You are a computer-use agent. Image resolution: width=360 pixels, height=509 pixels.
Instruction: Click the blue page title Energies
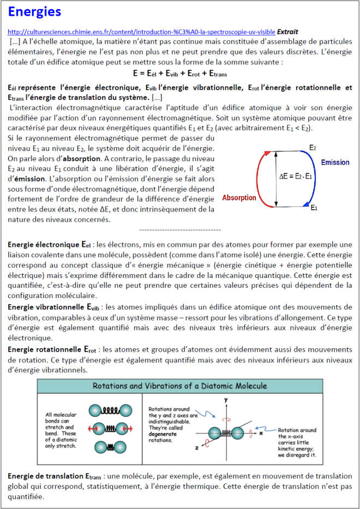[34, 11]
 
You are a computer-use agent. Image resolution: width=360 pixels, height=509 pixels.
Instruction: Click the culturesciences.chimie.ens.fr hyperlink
[141, 32]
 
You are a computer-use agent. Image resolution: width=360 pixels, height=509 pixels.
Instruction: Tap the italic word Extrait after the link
[287, 32]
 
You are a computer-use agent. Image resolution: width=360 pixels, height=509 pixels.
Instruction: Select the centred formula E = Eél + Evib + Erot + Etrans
[180, 73]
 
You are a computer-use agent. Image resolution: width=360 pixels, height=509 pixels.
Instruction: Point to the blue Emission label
[335, 163]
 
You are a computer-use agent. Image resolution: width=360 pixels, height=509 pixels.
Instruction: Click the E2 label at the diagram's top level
[312, 148]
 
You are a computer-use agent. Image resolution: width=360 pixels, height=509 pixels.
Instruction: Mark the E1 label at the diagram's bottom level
[314, 208]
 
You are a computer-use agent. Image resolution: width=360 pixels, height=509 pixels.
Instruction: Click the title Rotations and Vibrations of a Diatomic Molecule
[179, 386]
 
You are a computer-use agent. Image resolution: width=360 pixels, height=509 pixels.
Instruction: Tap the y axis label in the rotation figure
[225, 399]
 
